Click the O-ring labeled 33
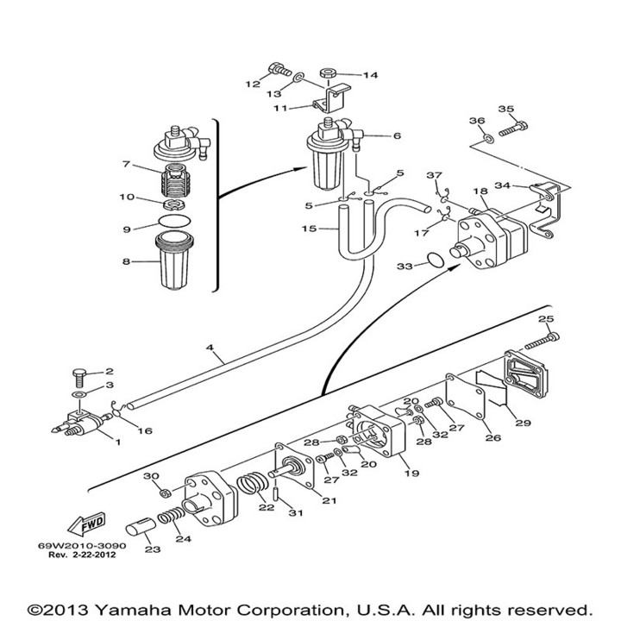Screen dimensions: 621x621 pos(438,259)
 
